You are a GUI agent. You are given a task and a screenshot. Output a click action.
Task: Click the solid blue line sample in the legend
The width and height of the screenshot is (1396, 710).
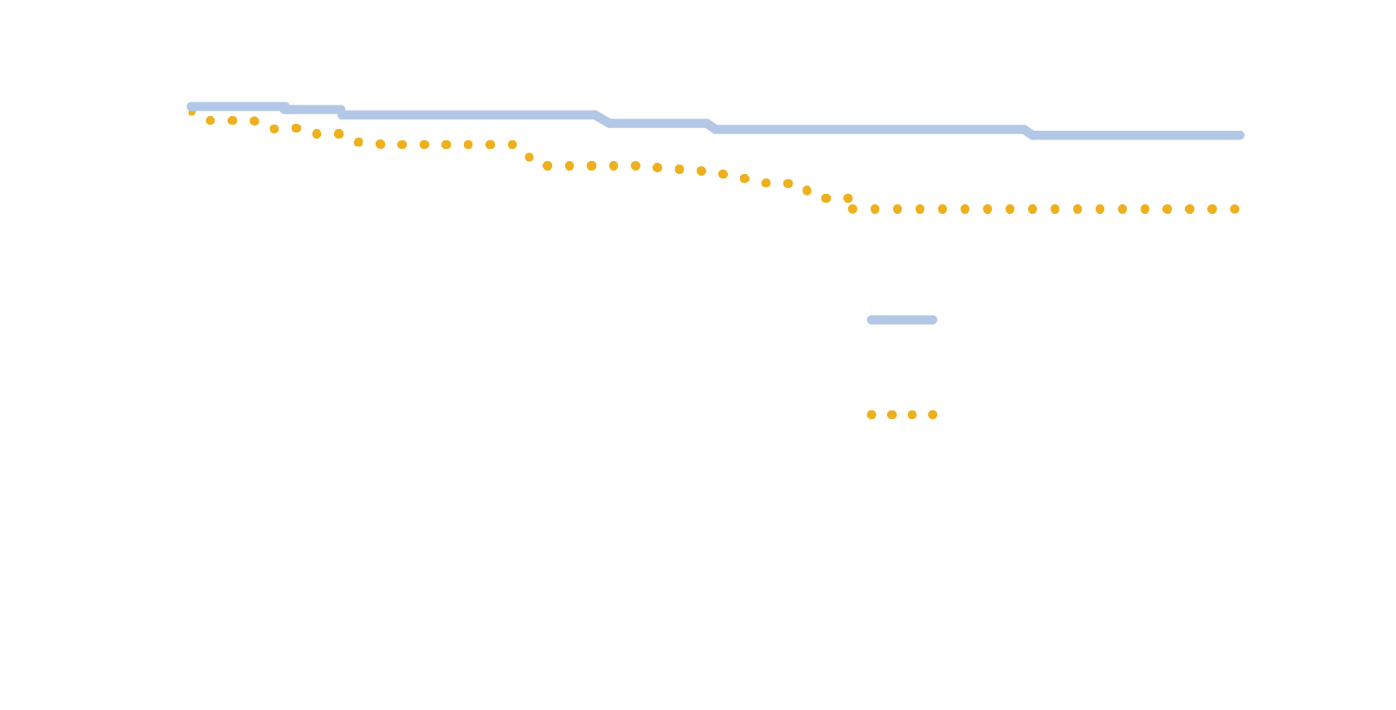(x=902, y=320)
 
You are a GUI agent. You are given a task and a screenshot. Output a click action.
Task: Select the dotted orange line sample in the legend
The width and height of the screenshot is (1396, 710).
(x=902, y=415)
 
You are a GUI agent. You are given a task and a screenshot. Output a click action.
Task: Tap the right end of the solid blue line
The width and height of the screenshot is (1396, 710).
(x=1240, y=136)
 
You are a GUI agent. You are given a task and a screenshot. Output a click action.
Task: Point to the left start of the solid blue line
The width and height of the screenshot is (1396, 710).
(x=191, y=106)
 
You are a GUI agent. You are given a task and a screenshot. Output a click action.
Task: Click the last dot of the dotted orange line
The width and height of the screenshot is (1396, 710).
(x=1235, y=210)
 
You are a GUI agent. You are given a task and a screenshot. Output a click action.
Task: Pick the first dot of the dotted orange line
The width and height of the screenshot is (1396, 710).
(x=190, y=112)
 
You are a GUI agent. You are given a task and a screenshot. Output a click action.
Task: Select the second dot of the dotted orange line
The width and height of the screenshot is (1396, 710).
(x=210, y=120)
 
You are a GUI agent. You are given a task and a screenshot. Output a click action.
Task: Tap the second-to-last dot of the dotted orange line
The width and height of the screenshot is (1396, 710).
(x=1213, y=210)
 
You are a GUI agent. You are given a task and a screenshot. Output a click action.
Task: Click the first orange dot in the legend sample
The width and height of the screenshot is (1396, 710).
(x=872, y=415)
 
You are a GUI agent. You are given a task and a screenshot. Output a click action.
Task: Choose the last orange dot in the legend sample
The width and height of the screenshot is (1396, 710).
(x=933, y=415)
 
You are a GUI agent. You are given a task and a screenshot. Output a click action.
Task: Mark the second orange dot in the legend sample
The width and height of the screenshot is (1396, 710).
(x=892, y=415)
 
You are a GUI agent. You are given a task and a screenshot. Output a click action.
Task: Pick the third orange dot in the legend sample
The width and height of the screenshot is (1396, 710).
(x=912, y=415)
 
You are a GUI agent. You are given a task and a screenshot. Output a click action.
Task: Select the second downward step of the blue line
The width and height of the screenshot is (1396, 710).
(x=342, y=113)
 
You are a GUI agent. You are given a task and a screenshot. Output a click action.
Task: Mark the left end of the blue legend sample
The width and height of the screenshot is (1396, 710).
(x=870, y=320)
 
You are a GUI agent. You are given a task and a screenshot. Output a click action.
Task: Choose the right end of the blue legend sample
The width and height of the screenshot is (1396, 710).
(x=934, y=320)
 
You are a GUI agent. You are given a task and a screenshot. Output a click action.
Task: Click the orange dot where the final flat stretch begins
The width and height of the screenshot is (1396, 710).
(x=852, y=210)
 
